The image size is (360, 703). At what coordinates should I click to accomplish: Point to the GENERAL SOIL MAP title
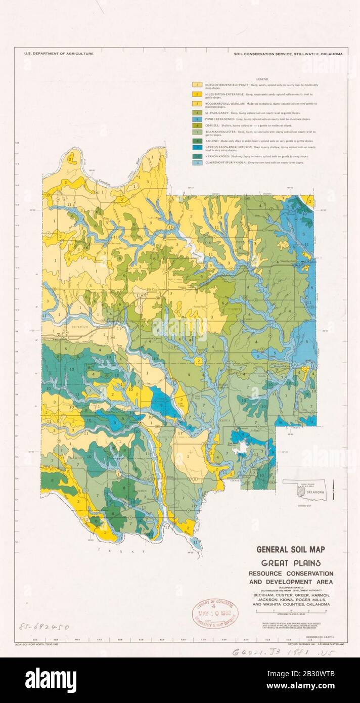point(291,549)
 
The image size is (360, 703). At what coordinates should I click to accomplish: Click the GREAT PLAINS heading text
point(291,563)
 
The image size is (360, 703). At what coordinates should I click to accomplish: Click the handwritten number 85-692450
point(43,627)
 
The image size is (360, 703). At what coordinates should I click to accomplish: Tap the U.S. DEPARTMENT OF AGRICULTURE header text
point(54,53)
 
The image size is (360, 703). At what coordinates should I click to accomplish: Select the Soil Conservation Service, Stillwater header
point(288,53)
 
